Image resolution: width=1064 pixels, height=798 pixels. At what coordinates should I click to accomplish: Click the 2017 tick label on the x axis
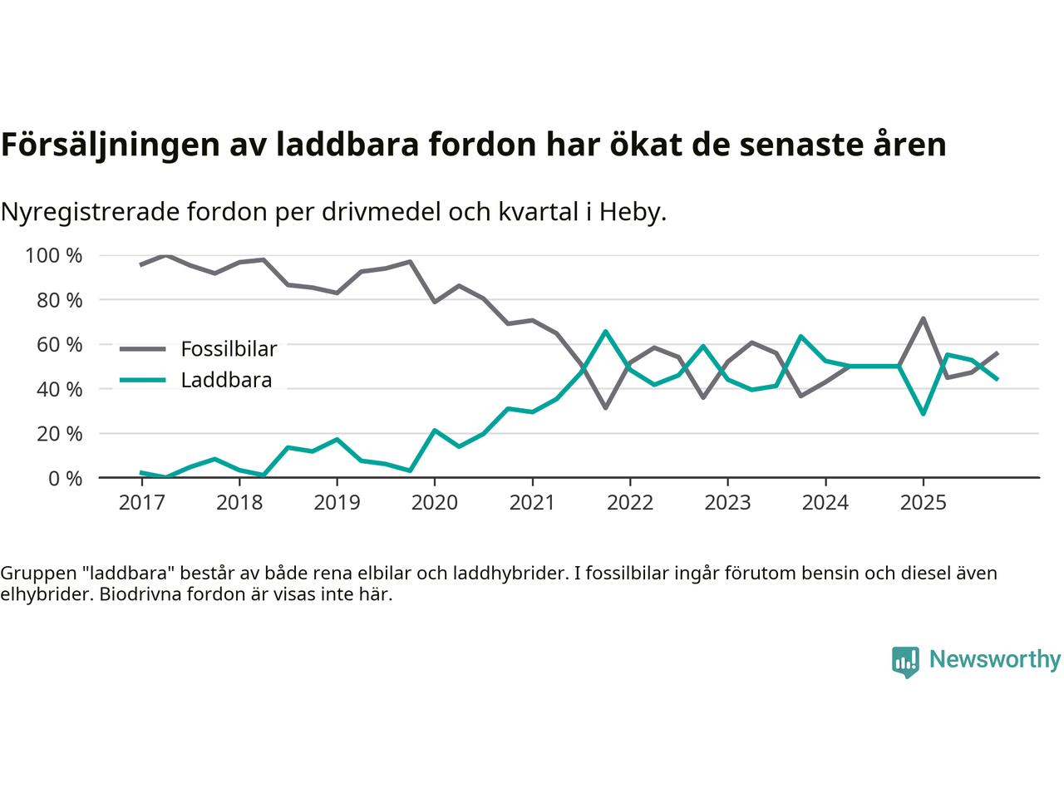141,503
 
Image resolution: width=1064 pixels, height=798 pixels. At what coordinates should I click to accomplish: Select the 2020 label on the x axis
435,503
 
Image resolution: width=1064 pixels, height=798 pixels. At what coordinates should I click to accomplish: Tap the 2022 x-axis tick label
630,503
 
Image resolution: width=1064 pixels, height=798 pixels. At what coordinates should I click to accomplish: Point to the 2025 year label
923,503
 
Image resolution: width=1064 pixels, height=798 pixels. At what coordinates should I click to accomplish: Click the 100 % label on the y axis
54,255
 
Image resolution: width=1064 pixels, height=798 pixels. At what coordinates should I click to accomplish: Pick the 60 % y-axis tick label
59,344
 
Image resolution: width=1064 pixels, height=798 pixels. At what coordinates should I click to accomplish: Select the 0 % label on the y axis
64,478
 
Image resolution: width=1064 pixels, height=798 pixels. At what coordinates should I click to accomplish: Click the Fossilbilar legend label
229,349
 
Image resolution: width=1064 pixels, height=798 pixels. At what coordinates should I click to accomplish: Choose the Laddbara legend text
226,381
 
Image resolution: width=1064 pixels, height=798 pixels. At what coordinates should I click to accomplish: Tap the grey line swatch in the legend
142,349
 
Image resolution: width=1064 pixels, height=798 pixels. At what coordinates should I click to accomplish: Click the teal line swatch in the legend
142,381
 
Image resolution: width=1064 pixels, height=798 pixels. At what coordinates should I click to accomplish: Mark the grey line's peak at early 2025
923,318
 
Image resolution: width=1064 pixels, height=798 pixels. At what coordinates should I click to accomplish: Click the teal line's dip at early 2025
923,413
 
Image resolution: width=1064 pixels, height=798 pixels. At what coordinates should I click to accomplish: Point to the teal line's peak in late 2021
606,332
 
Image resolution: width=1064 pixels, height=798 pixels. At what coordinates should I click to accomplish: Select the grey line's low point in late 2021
606,407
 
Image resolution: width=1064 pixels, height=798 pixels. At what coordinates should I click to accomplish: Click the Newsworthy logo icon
905,662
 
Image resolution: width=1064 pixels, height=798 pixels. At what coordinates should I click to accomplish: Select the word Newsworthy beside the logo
994,659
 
